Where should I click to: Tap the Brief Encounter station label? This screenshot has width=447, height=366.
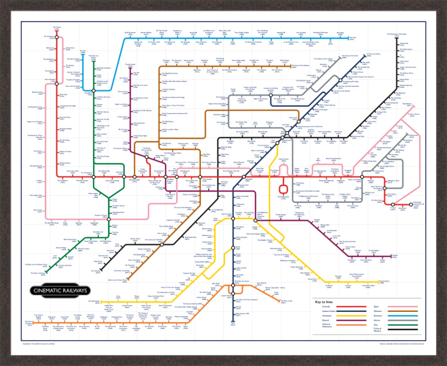130,33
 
